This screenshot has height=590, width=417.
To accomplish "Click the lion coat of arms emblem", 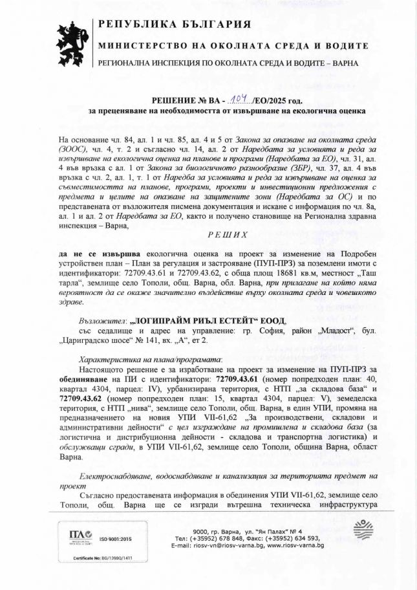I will click(x=72, y=43).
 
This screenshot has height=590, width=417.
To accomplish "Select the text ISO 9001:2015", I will click(x=115, y=539).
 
